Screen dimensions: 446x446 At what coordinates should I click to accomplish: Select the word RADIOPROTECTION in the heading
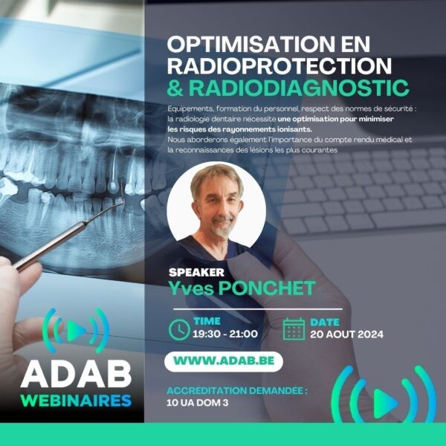279,66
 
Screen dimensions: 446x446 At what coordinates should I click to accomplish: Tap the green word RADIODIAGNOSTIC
299,88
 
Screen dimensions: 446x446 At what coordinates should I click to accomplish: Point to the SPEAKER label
196,273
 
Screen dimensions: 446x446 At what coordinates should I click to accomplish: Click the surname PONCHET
267,288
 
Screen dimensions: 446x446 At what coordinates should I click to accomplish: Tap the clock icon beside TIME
179,329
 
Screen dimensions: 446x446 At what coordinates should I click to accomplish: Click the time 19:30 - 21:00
225,334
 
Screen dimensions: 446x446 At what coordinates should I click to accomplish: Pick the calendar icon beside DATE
294,329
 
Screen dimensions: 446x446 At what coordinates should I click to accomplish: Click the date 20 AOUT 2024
346,334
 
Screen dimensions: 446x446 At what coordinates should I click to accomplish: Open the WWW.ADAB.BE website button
224,361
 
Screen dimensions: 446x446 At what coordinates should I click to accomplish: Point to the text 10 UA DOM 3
198,403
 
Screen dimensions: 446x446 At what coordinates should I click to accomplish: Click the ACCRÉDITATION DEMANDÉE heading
237,390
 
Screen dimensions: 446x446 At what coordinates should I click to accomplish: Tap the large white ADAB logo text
76,375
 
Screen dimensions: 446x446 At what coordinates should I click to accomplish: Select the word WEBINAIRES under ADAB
76,401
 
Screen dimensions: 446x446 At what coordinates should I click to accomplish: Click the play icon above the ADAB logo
76,331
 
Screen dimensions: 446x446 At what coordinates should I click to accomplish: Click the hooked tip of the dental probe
123,200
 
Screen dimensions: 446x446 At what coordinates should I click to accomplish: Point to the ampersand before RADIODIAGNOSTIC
175,88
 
